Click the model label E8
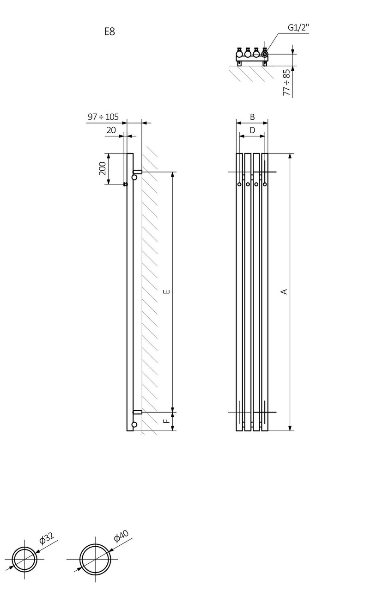tap(109, 32)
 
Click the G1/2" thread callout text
tap(298, 28)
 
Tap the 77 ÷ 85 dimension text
tap(286, 83)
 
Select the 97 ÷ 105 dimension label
tap(103, 117)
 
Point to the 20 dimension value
tap(111, 130)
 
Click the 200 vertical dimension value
tap(103, 169)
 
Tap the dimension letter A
tap(285, 291)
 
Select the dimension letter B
tap(252, 117)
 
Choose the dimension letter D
tap(252, 130)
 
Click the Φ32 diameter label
tap(47, 538)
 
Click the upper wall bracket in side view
tap(137, 172)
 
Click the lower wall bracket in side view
tap(137, 412)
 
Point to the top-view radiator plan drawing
tap(252, 55)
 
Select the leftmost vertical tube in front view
tap(239, 291)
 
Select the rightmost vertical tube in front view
tap(265, 291)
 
